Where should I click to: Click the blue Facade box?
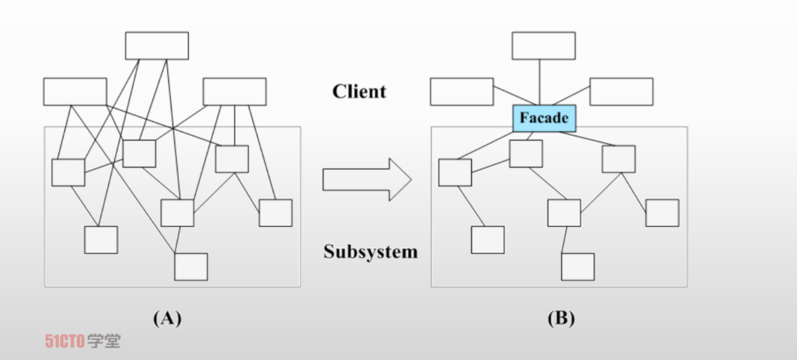click(544, 118)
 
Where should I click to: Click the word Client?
click(359, 92)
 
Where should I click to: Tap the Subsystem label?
click(370, 252)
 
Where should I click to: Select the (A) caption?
click(167, 319)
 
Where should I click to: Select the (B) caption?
click(561, 319)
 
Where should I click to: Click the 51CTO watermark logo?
click(81, 341)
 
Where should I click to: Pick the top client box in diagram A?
click(157, 46)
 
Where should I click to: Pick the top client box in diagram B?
click(544, 46)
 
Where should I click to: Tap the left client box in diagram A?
click(75, 91)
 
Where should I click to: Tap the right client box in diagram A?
click(235, 91)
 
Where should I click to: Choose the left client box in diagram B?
click(462, 91)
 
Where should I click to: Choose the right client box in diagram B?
click(621, 91)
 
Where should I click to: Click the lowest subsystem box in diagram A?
click(191, 267)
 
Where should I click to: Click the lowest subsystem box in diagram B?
click(578, 267)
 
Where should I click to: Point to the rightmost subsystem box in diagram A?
click(276, 213)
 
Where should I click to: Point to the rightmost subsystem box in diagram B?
click(663, 213)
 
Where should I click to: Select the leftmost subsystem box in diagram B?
click(455, 173)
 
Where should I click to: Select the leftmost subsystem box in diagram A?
click(68, 173)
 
